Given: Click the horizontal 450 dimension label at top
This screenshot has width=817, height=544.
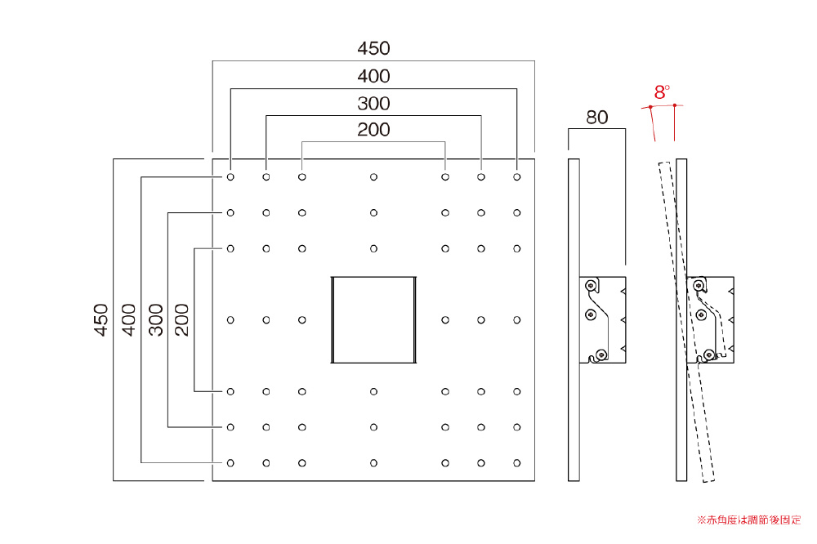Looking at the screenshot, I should [373, 48].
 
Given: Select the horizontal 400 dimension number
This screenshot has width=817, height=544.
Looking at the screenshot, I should [373, 77].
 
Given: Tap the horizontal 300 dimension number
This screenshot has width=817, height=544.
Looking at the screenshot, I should [373, 104].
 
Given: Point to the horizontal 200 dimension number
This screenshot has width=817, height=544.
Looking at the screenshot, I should [373, 129].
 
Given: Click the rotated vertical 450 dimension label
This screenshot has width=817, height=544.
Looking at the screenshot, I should [100, 319].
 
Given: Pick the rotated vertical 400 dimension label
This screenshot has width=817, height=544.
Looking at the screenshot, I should [128, 319].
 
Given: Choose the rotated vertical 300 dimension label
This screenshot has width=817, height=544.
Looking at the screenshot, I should [155, 319].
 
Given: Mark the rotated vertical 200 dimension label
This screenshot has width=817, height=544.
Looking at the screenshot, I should [181, 319].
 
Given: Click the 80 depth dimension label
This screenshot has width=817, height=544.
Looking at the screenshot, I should [597, 117].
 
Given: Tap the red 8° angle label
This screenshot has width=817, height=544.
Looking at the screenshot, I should [661, 91].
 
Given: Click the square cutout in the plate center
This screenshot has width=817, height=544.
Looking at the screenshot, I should [373, 319].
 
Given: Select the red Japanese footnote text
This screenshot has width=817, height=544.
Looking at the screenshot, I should [748, 519].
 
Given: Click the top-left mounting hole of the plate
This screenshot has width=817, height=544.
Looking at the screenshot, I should [230, 176].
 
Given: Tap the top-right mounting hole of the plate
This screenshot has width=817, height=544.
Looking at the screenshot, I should [517, 176].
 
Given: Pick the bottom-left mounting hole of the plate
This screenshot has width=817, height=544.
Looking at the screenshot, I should [230, 463].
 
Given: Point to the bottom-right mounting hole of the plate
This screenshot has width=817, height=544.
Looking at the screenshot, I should [517, 463].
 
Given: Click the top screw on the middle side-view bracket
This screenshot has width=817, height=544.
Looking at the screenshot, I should [592, 285].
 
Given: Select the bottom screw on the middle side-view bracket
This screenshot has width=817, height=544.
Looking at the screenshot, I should [601, 354].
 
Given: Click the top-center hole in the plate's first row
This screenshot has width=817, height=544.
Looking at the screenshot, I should [373, 176].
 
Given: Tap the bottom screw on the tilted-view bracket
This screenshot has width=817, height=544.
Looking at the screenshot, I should [709, 354].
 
